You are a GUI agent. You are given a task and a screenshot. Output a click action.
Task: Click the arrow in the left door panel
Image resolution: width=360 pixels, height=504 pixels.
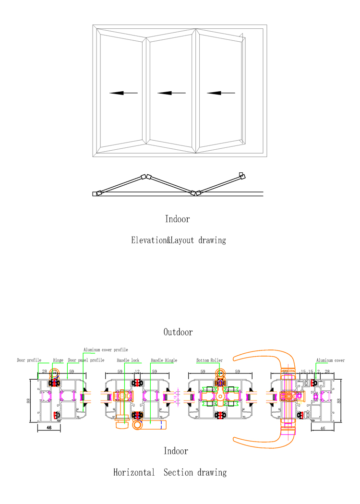(x=123, y=93)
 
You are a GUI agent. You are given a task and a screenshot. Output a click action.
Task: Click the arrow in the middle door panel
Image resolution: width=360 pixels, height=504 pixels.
(x=171, y=93)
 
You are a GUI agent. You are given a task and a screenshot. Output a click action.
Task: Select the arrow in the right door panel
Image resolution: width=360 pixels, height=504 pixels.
(x=221, y=93)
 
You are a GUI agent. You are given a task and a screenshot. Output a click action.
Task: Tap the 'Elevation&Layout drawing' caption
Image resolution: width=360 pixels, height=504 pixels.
(x=178, y=240)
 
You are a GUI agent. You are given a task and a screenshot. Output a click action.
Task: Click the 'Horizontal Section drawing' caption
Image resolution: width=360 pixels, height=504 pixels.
(x=169, y=472)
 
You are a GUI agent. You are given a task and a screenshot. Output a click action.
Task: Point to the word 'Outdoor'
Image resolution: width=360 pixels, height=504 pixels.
(x=178, y=332)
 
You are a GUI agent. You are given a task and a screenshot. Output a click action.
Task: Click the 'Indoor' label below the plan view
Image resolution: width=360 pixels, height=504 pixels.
(x=178, y=219)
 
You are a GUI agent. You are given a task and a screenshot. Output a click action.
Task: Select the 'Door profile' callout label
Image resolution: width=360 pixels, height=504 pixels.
(x=29, y=360)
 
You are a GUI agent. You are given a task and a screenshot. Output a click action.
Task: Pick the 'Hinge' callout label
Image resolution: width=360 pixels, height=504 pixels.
(x=58, y=360)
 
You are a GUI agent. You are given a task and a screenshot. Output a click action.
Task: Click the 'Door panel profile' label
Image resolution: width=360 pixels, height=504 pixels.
(x=86, y=360)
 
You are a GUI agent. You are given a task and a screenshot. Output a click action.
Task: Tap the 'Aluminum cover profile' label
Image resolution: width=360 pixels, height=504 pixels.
(x=106, y=350)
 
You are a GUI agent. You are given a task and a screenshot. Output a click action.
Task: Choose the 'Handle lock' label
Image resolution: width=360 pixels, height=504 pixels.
(x=128, y=360)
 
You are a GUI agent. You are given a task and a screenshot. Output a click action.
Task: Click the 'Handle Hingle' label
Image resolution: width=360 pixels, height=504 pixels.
(x=164, y=360)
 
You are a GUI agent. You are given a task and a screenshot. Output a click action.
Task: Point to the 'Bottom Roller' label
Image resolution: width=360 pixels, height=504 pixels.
(x=209, y=360)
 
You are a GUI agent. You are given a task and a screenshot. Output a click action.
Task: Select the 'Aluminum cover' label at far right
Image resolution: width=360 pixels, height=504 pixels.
(x=330, y=360)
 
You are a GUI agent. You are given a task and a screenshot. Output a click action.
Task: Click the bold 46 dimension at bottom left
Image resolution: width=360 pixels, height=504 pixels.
(x=49, y=426)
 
